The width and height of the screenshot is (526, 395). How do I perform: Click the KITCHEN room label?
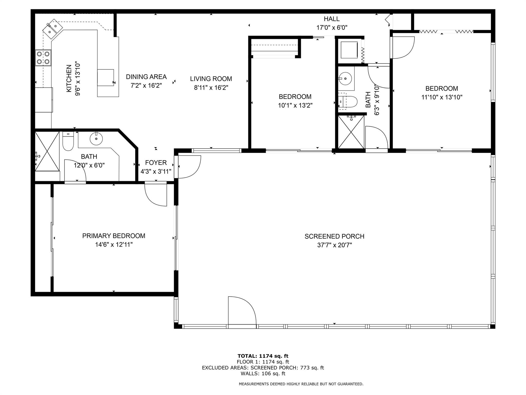coord(69,78)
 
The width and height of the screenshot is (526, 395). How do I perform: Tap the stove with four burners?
coord(43,58)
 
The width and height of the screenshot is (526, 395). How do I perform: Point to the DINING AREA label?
coord(146,77)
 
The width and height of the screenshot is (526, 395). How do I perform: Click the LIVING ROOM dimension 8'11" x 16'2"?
coord(211,87)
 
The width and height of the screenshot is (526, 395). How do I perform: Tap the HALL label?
coord(332,19)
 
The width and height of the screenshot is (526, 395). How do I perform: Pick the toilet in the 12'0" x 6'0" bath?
coord(68,141)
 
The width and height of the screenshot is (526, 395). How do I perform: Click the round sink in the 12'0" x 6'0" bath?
coord(96,139)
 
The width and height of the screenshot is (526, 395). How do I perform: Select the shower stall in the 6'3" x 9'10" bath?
coord(351,132)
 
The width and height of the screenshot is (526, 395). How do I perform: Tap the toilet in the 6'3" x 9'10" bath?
coord(348,102)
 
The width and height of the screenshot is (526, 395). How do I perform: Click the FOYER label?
coord(156,163)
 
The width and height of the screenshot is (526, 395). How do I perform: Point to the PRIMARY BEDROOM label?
coord(114,236)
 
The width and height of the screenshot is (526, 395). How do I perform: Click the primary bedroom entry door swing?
coord(156,194)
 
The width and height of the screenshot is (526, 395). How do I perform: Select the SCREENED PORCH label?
coord(334,236)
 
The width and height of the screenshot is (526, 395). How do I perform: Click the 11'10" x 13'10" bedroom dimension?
coord(442,97)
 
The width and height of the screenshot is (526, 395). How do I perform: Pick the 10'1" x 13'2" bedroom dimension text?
coord(295,105)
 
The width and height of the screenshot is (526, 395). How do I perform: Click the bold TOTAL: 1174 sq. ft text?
coord(263,356)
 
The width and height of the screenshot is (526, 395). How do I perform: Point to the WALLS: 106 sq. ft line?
coord(263,373)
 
